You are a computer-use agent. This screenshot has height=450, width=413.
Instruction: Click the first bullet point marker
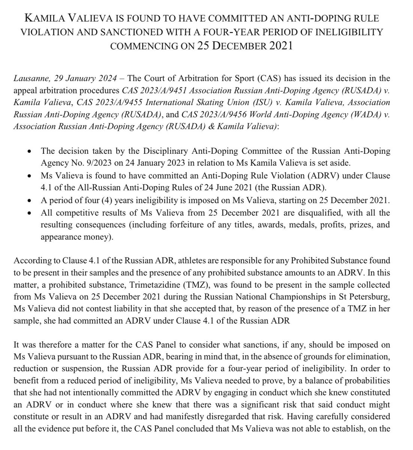(x=30, y=152)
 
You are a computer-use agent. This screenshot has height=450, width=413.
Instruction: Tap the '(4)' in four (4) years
(x=113, y=201)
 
